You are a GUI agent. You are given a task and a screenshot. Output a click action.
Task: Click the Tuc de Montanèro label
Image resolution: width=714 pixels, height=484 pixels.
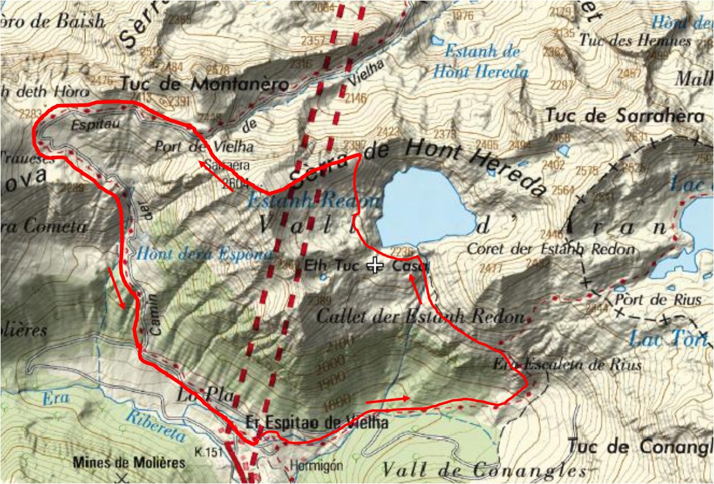pyautogui.click(x=205, y=84)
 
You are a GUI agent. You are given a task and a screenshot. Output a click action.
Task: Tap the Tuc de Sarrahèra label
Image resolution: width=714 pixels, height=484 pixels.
pyautogui.click(x=625, y=116)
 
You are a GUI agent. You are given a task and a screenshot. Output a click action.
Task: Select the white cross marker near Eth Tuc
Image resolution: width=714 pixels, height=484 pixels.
pyautogui.click(x=375, y=266)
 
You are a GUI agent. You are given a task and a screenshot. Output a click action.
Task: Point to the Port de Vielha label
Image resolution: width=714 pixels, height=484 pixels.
pyautogui.click(x=204, y=146)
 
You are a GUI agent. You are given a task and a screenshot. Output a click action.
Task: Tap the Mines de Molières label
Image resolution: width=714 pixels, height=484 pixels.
pyautogui.click(x=129, y=463)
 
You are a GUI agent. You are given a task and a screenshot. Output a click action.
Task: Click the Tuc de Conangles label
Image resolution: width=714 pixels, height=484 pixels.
pyautogui.click(x=639, y=447)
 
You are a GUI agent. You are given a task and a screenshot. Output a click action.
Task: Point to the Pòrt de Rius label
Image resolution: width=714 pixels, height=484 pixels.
pyautogui.click(x=658, y=301)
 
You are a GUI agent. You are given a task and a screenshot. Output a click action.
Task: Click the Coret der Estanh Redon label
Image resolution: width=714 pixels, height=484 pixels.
pyautogui.click(x=550, y=249)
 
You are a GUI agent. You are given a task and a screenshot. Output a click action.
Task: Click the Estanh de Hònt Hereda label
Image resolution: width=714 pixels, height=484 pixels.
pyautogui.click(x=481, y=61)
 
